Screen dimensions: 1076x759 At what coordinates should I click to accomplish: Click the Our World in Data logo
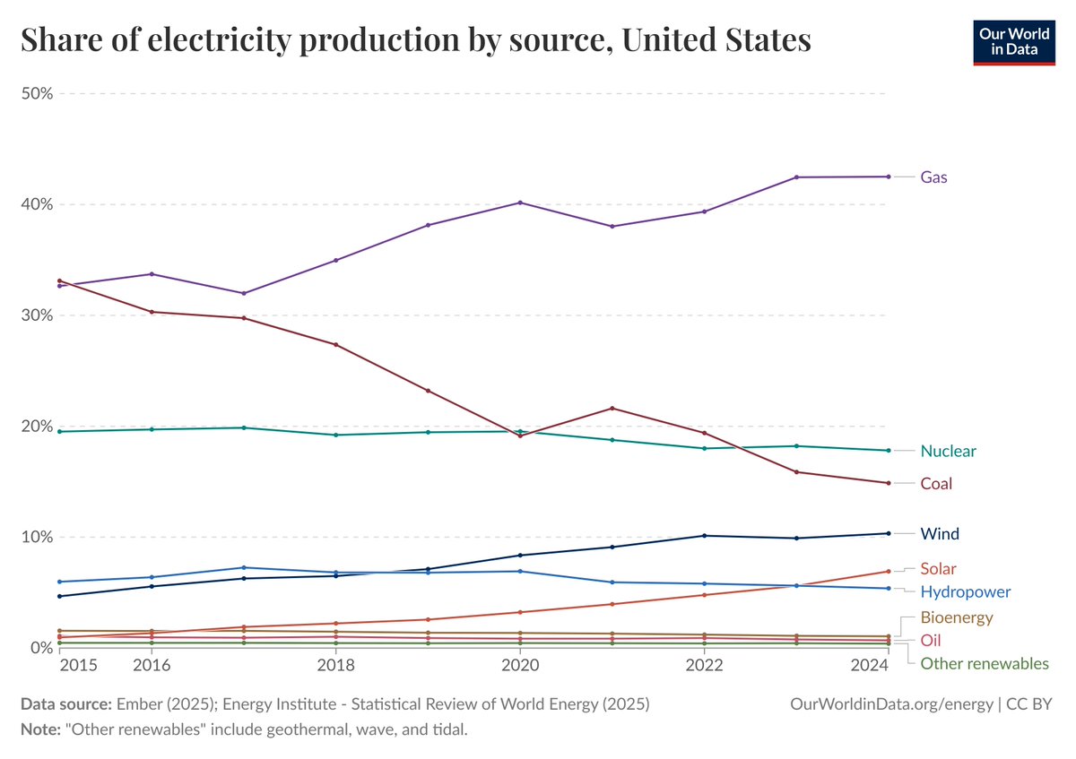[1014, 42]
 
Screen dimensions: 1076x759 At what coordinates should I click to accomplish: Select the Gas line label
[933, 177]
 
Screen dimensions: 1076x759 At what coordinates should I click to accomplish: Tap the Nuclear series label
[948, 451]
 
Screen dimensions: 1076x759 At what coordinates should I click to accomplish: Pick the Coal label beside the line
[936, 483]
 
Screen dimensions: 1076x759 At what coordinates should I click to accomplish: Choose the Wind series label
[939, 534]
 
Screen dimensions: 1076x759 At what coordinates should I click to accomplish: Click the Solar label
[938, 568]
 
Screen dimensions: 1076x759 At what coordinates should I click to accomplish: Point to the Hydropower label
[965, 592]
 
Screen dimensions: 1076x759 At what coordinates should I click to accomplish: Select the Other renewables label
[985, 663]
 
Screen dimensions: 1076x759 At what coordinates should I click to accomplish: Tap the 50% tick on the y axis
[37, 93]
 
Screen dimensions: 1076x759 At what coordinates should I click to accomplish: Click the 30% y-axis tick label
[37, 315]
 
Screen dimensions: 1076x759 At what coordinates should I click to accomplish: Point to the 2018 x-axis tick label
[335, 665]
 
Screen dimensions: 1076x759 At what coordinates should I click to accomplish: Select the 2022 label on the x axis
[704, 665]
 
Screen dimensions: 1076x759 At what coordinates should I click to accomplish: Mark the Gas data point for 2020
[520, 203]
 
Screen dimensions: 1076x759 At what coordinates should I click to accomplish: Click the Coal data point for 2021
[612, 409]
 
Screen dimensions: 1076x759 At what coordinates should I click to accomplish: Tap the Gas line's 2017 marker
[244, 293]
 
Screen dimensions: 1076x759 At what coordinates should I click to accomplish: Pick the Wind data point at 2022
[704, 536]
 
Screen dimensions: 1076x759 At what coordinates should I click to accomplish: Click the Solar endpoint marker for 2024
[889, 572]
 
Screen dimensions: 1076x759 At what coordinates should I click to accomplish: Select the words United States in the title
[716, 39]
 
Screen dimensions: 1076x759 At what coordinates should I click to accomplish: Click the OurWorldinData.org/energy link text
[891, 704]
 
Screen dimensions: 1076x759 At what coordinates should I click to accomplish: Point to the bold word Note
[40, 729]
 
